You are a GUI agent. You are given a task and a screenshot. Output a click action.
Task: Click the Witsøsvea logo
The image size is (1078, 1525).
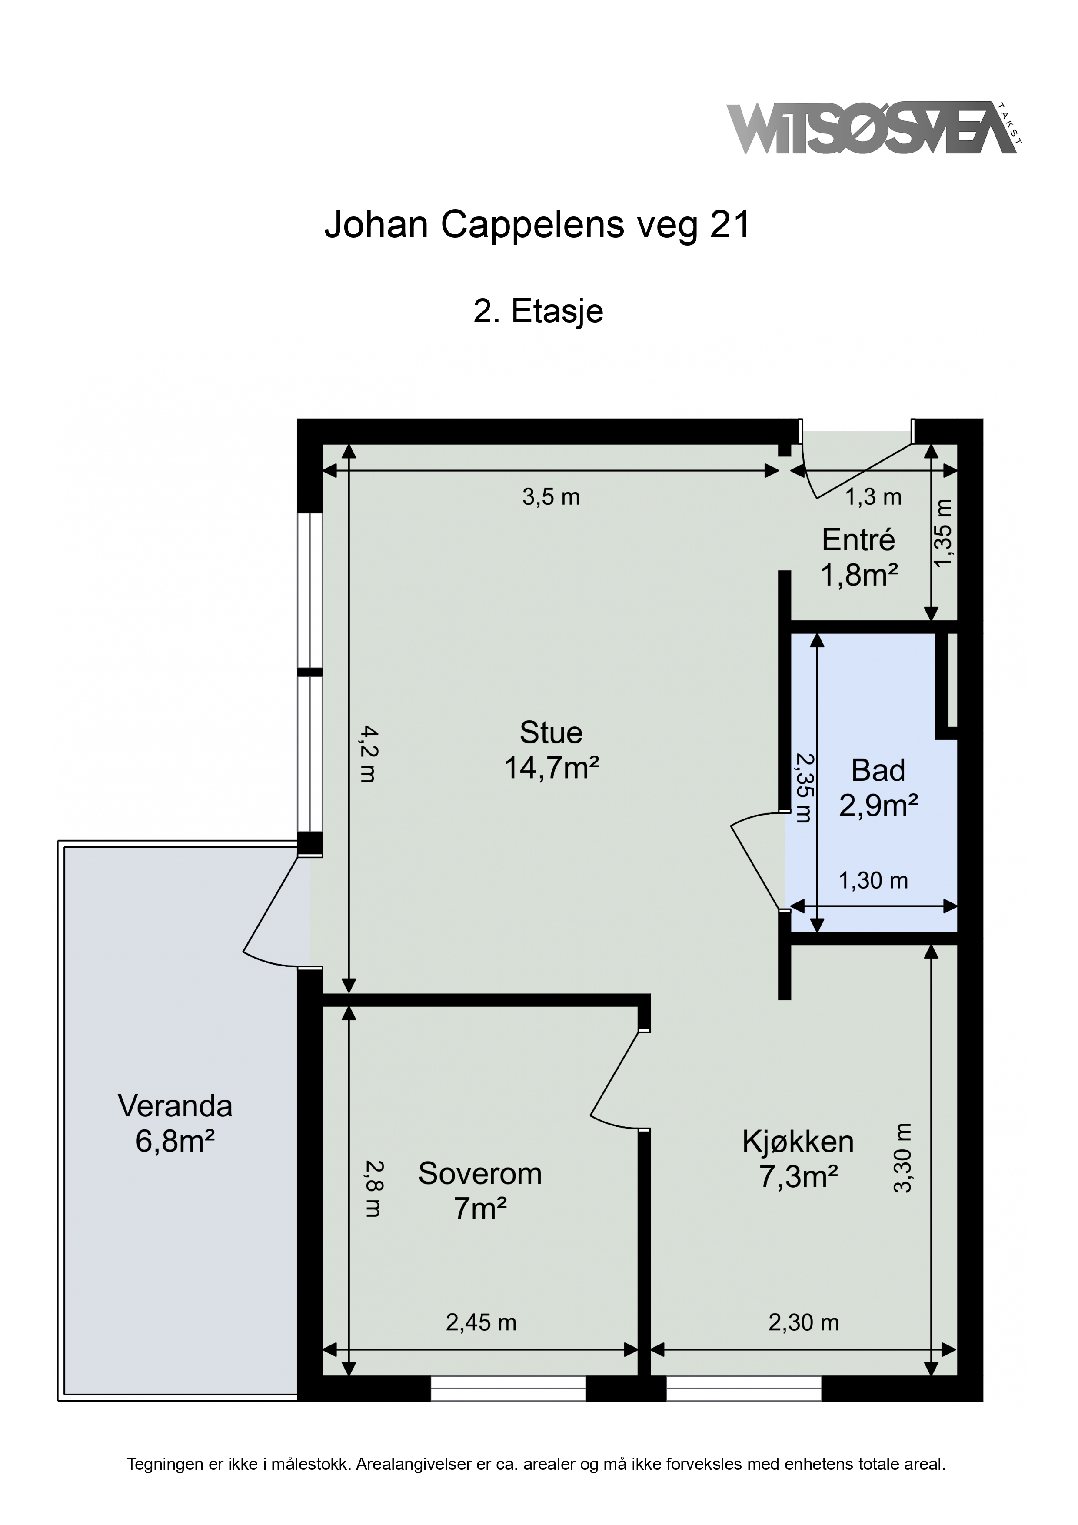tap(875, 128)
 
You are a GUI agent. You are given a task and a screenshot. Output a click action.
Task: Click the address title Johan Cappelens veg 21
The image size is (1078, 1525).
tap(537, 224)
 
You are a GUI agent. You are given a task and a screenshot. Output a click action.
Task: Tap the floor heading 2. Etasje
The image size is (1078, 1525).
tap(538, 311)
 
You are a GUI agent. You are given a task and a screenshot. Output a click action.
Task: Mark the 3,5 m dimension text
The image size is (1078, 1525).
tap(551, 497)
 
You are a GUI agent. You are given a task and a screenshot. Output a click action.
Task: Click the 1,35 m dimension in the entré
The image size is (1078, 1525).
tap(943, 533)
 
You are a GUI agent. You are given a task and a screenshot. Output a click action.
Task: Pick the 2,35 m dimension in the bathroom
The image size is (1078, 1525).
tap(804, 788)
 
